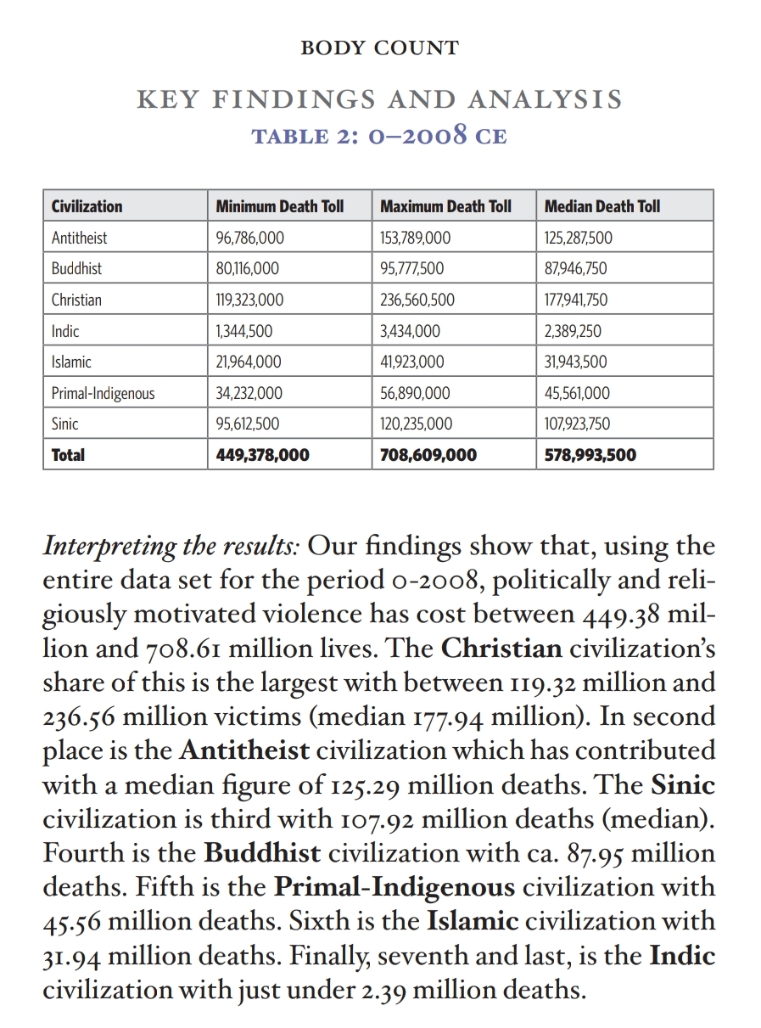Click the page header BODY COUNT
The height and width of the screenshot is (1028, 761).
coord(379,48)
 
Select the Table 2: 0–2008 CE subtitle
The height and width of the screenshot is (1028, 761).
coord(379,136)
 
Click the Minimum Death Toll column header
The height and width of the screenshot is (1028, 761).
coord(280,206)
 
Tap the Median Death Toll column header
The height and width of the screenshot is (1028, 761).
coord(602,206)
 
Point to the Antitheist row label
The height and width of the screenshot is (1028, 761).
coord(79,238)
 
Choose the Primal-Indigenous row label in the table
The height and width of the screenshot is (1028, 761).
coord(103,393)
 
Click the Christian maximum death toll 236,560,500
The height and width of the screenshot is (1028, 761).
coord(417,300)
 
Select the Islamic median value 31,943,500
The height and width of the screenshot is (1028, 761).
coord(575,362)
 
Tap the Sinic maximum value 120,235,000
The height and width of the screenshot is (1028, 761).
coord(417,424)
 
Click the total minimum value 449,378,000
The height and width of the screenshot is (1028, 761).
coord(263,455)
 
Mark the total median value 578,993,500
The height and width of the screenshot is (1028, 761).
coord(590,455)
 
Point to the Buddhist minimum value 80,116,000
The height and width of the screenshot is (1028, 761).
coord(248,268)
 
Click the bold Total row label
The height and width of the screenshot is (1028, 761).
coord(68,455)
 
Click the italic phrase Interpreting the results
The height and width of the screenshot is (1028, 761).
coord(171,546)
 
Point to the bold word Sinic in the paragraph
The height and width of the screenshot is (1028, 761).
coord(682,785)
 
